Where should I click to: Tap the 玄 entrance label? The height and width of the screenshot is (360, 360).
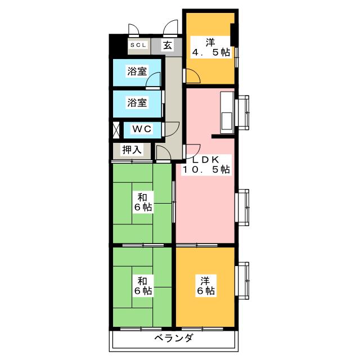[168, 46]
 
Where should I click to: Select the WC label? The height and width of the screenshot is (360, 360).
[141, 129]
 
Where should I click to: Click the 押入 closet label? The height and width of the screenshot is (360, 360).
[132, 150]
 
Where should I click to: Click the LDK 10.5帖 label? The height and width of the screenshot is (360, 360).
[205, 163]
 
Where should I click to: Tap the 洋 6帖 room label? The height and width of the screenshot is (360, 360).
[205, 285]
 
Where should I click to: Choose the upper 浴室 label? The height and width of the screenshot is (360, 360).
[137, 72]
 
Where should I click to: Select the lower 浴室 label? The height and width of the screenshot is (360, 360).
[137, 102]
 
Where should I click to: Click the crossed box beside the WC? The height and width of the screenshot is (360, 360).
[116, 129]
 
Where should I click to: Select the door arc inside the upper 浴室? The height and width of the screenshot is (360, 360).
[152, 82]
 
